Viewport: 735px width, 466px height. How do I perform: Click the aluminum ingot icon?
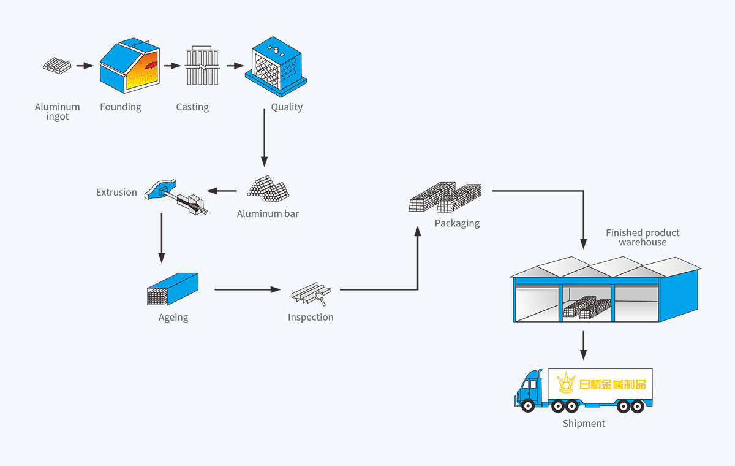point(57,65)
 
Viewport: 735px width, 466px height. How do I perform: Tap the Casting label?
point(192,107)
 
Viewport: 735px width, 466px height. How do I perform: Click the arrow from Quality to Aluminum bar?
point(264,141)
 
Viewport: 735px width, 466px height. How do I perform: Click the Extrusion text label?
point(116,193)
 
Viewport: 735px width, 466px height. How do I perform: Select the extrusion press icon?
point(175,196)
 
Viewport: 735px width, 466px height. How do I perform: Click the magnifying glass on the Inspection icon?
point(319,298)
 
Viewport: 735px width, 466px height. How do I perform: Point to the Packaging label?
point(457,223)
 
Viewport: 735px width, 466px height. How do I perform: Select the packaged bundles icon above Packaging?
point(445,197)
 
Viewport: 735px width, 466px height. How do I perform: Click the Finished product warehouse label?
point(643,237)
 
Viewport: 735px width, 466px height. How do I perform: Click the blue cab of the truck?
point(530,387)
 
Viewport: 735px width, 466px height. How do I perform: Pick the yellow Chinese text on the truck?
point(612,384)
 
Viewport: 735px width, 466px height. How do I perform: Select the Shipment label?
point(584,424)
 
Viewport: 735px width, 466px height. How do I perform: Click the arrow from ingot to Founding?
point(85,65)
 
